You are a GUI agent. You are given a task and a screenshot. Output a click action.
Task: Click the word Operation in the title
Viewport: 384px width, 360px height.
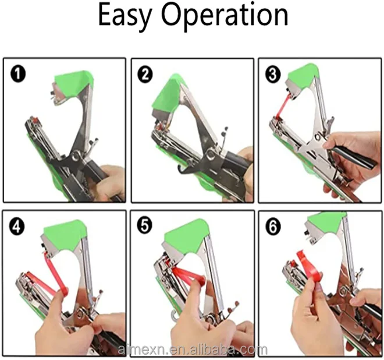coord(225,15)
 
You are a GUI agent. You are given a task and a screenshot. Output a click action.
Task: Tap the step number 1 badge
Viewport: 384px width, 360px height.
coord(17,75)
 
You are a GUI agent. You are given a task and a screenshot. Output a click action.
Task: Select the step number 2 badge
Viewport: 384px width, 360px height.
coord(145,75)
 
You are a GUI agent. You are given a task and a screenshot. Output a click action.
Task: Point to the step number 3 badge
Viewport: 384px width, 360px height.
coord(273,75)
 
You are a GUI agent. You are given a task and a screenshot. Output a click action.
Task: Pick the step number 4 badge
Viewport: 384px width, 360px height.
coord(17,227)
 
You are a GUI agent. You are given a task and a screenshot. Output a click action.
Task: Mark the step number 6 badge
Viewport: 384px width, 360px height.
coord(273,227)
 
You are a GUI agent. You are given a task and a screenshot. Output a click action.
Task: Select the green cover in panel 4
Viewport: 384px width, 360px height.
coord(65,234)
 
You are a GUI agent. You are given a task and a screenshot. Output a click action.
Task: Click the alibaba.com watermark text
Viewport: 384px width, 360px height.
coord(192,350)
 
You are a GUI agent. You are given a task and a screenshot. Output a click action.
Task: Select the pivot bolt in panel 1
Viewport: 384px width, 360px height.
coord(77,155)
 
